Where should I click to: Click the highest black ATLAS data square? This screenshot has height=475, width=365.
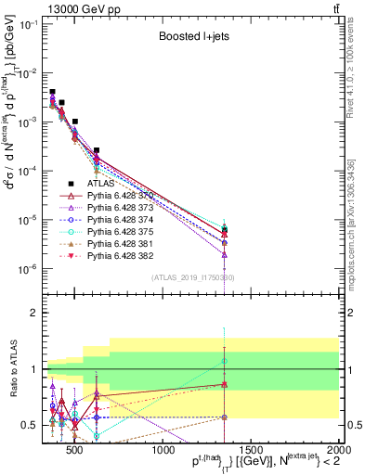click(52, 92)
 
